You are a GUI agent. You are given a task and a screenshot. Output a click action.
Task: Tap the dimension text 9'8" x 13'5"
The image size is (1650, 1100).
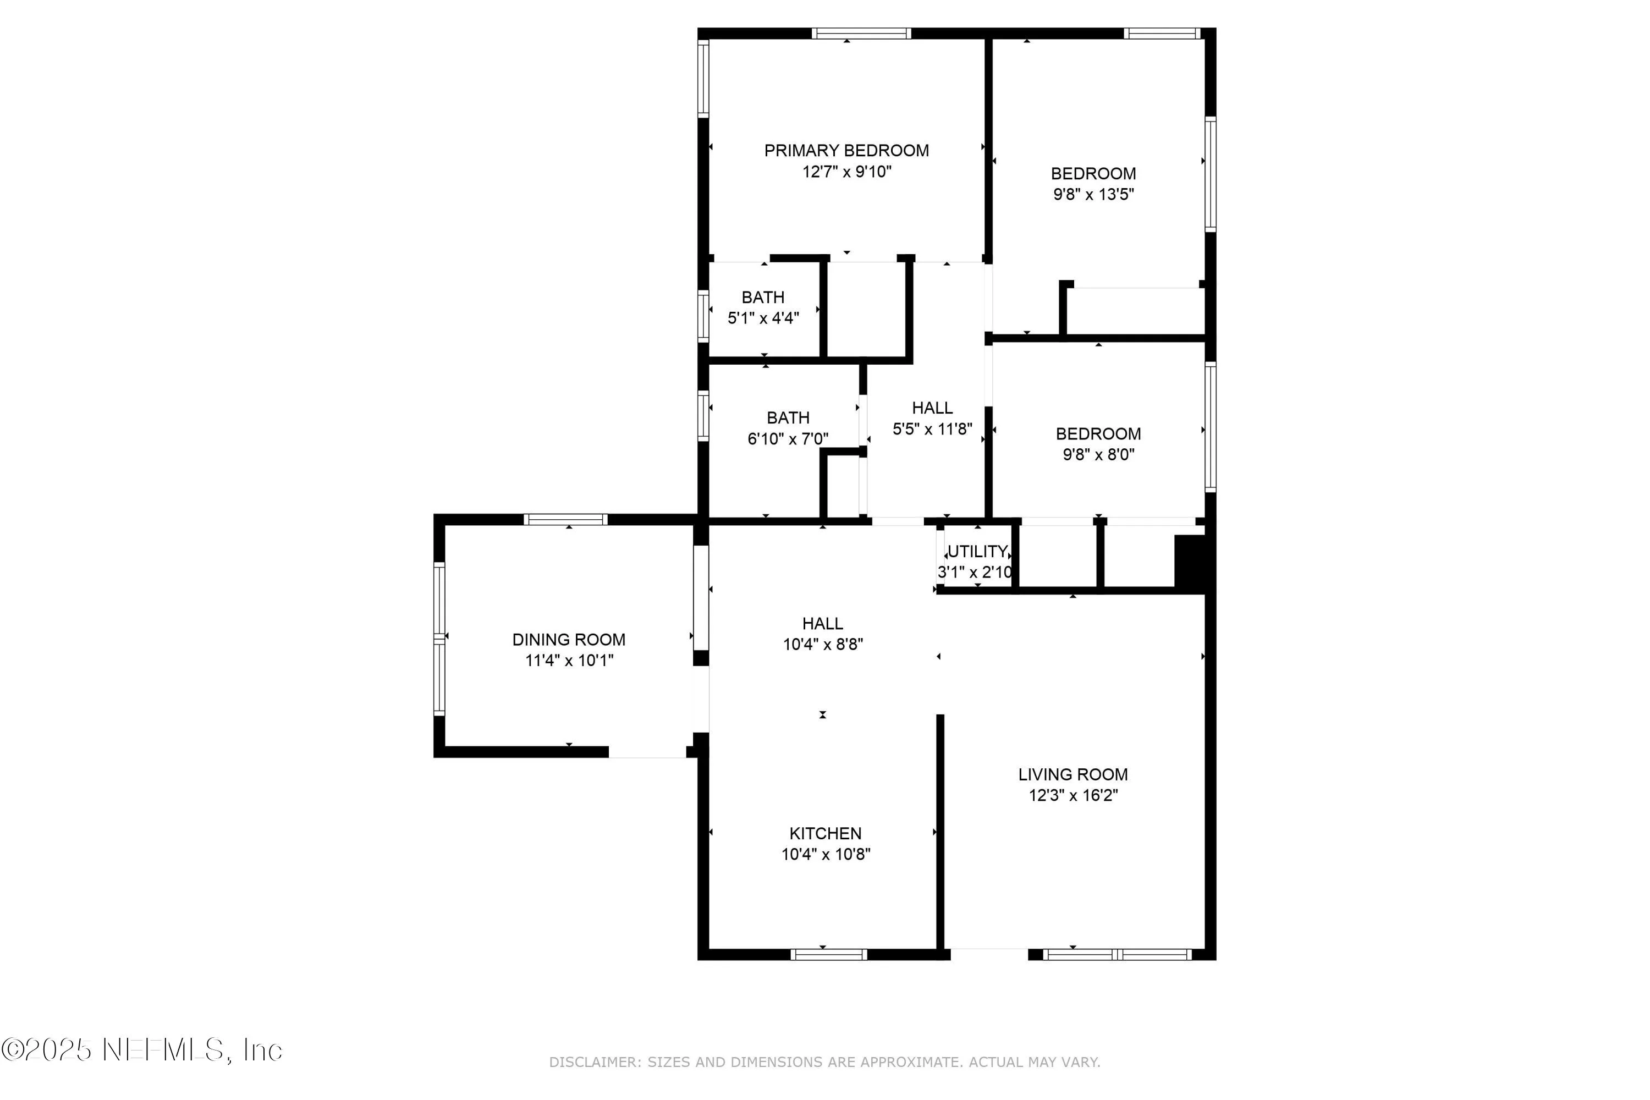coord(1093,194)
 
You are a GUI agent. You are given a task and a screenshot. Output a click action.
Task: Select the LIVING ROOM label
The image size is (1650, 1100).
coord(1072,774)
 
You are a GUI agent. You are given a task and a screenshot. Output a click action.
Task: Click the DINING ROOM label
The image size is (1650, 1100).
coord(568,640)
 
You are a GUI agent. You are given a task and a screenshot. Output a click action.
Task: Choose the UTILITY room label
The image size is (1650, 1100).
coord(977,552)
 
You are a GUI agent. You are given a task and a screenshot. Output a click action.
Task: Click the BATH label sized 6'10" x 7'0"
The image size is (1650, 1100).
coord(788,418)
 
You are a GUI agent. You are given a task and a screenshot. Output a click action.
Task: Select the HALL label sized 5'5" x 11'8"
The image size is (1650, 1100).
coord(932,408)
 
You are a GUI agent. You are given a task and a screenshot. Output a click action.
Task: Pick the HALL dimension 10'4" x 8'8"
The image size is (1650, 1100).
coord(822,644)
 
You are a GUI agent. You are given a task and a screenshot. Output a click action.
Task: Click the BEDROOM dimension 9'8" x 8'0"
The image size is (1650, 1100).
coord(1098,455)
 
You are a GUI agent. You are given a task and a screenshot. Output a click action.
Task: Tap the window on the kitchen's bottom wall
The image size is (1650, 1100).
coord(828,954)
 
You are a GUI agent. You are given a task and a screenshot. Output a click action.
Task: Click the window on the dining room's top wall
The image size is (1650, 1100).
coord(565,519)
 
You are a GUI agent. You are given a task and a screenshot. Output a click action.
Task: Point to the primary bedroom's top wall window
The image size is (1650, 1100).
coord(861,34)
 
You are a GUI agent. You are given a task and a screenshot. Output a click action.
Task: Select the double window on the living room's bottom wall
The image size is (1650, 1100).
coord(1117,954)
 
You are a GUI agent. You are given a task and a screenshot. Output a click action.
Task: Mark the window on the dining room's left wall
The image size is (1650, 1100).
coord(439,639)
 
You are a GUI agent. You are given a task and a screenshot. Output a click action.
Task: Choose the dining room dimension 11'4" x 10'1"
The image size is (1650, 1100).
coord(569,660)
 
